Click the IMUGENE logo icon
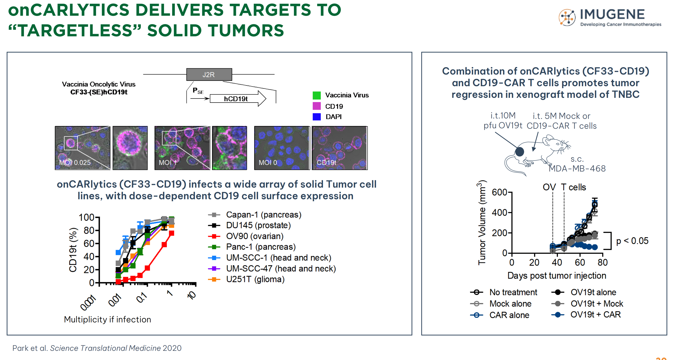[x=567, y=17]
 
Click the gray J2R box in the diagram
[x=209, y=75]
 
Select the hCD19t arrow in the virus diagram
[x=238, y=99]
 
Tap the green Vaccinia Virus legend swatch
[x=317, y=95]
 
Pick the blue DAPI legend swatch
[x=317, y=117]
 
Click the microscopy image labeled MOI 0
[x=282, y=148]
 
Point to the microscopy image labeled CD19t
[x=340, y=148]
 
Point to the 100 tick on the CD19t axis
[x=86, y=217]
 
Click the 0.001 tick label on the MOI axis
[x=88, y=302]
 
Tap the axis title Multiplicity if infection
[x=107, y=319]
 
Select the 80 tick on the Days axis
[x=602, y=262]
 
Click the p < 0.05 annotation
[x=632, y=241]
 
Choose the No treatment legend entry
[x=504, y=292]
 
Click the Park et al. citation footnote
[x=97, y=348]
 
